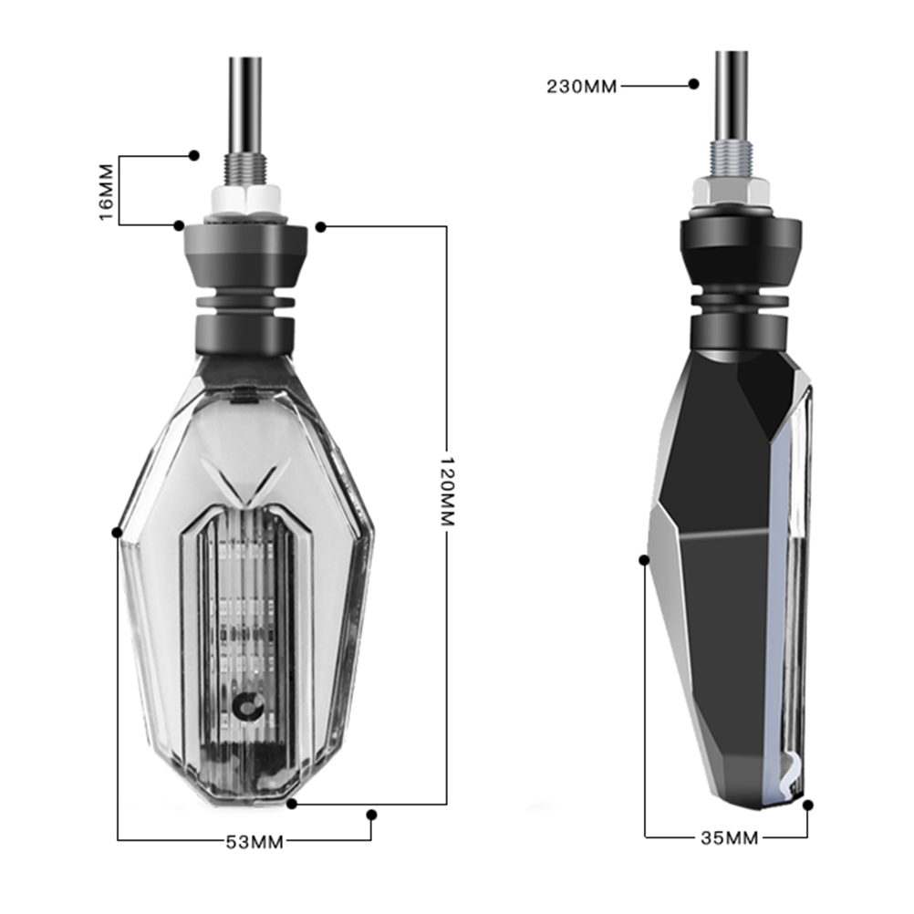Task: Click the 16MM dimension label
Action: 107,192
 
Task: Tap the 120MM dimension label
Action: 446,492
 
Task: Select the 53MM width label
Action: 254,842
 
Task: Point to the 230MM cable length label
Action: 582,87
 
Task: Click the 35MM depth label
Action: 729,837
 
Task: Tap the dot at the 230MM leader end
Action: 693,84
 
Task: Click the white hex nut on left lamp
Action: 246,200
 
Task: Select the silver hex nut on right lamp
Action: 731,192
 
